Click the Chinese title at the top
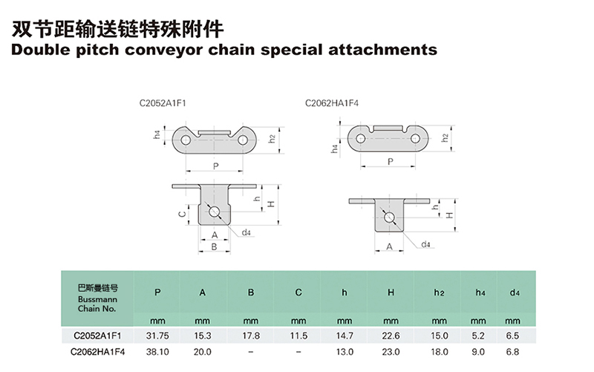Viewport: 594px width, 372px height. pyautogui.click(x=117, y=28)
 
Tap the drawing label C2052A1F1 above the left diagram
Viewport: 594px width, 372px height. pyautogui.click(x=163, y=103)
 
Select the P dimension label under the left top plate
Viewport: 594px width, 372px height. pyautogui.click(x=215, y=166)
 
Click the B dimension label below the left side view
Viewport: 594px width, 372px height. pyautogui.click(x=214, y=247)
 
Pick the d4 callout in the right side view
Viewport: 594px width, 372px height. pyautogui.click(x=425, y=244)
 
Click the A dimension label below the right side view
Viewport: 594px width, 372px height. pyautogui.click(x=389, y=247)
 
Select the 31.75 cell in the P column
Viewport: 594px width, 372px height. pyautogui.click(x=157, y=336)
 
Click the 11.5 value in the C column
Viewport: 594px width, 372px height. pyautogui.click(x=298, y=336)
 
